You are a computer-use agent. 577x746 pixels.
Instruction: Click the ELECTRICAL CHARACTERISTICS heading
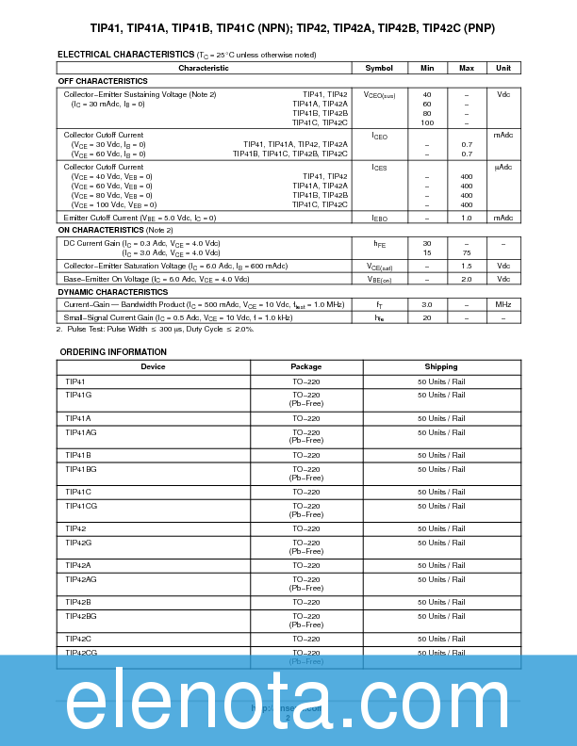pyautogui.click(x=126, y=55)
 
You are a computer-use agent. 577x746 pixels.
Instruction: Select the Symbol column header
pyautogui.click(x=379, y=68)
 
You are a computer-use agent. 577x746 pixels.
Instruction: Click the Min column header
pyautogui.click(x=427, y=68)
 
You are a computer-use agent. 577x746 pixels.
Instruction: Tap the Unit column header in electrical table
pyautogui.click(x=503, y=68)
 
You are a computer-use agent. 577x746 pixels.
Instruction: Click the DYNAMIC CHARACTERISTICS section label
pyautogui.click(x=113, y=292)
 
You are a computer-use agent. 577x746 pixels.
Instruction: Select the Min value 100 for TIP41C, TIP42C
pyautogui.click(x=427, y=123)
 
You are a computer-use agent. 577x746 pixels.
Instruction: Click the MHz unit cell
pyautogui.click(x=503, y=304)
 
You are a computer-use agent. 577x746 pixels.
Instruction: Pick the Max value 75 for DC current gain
pyautogui.click(x=466, y=252)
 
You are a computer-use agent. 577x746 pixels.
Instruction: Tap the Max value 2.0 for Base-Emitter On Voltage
pyautogui.click(x=466, y=279)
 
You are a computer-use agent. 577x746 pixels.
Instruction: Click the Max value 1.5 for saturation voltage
pyautogui.click(x=466, y=267)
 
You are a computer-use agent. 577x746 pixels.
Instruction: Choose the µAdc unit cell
pyautogui.click(x=503, y=167)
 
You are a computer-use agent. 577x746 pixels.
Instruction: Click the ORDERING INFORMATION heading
pyautogui.click(x=113, y=352)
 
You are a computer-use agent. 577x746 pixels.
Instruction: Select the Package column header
pyautogui.click(x=305, y=366)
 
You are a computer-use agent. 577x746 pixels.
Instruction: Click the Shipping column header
pyautogui.click(x=441, y=366)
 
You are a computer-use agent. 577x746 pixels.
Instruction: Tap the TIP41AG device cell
pyautogui.click(x=81, y=431)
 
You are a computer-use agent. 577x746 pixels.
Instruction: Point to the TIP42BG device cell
pyautogui.click(x=81, y=615)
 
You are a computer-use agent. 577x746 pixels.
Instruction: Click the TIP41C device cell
pyautogui.click(x=78, y=492)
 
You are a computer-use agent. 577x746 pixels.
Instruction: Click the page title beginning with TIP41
pyautogui.click(x=288, y=28)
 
